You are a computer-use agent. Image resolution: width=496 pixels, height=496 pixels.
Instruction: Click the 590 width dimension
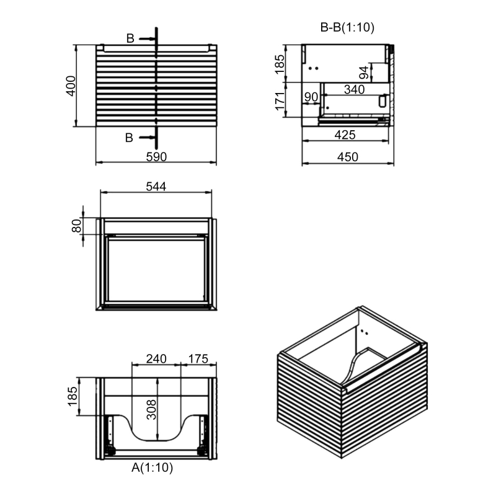(156, 157)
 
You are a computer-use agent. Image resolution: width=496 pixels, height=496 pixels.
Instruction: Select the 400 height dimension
(71, 86)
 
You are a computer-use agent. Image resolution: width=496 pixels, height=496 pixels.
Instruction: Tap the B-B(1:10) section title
(347, 27)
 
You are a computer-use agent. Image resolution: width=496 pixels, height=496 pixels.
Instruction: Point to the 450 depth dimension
(348, 157)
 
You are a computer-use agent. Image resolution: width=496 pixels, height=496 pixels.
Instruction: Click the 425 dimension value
(345, 135)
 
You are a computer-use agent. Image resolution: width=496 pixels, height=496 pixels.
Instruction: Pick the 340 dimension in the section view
(353, 89)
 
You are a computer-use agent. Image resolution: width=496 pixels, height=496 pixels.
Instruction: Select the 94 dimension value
(365, 73)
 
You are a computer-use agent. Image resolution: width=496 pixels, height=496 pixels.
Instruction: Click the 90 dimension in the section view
(311, 97)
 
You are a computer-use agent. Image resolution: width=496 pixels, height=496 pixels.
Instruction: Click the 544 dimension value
(156, 185)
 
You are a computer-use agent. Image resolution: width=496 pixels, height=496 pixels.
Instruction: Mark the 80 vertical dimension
(77, 226)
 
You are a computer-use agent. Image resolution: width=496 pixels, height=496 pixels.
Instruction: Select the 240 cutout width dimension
(156, 358)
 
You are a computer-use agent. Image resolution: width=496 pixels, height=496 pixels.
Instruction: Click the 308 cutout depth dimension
(150, 409)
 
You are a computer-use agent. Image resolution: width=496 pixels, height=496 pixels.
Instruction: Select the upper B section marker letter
(130, 38)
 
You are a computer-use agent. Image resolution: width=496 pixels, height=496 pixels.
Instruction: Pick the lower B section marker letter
(129, 138)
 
